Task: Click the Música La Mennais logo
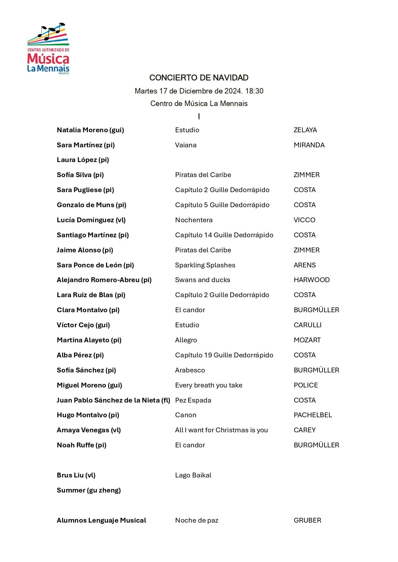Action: pyautogui.click(x=48, y=49)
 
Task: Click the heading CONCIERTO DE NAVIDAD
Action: pyautogui.click(x=199, y=78)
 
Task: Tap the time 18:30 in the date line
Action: pyautogui.click(x=254, y=91)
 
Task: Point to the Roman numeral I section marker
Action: pyautogui.click(x=199, y=117)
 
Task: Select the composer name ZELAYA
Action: pyautogui.click(x=305, y=130)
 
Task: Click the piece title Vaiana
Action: pyautogui.click(x=186, y=145)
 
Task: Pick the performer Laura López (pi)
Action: pyautogui.click(x=83, y=160)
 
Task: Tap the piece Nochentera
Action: pyautogui.click(x=194, y=220)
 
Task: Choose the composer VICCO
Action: pyautogui.click(x=304, y=220)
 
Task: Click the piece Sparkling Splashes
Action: pyautogui.click(x=205, y=265)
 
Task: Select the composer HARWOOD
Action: pyautogui.click(x=311, y=280)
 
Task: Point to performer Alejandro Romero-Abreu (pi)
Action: pyautogui.click(x=104, y=280)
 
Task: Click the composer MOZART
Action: pyautogui.click(x=307, y=340)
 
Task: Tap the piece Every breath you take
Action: pyautogui.click(x=208, y=385)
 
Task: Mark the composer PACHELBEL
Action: pyautogui.click(x=313, y=415)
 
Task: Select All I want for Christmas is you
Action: pyautogui.click(x=221, y=430)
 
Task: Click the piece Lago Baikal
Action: pyautogui.click(x=193, y=475)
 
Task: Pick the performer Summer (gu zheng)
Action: pyautogui.click(x=89, y=490)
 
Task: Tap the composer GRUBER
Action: pyautogui.click(x=307, y=520)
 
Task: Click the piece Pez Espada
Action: pyautogui.click(x=193, y=400)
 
